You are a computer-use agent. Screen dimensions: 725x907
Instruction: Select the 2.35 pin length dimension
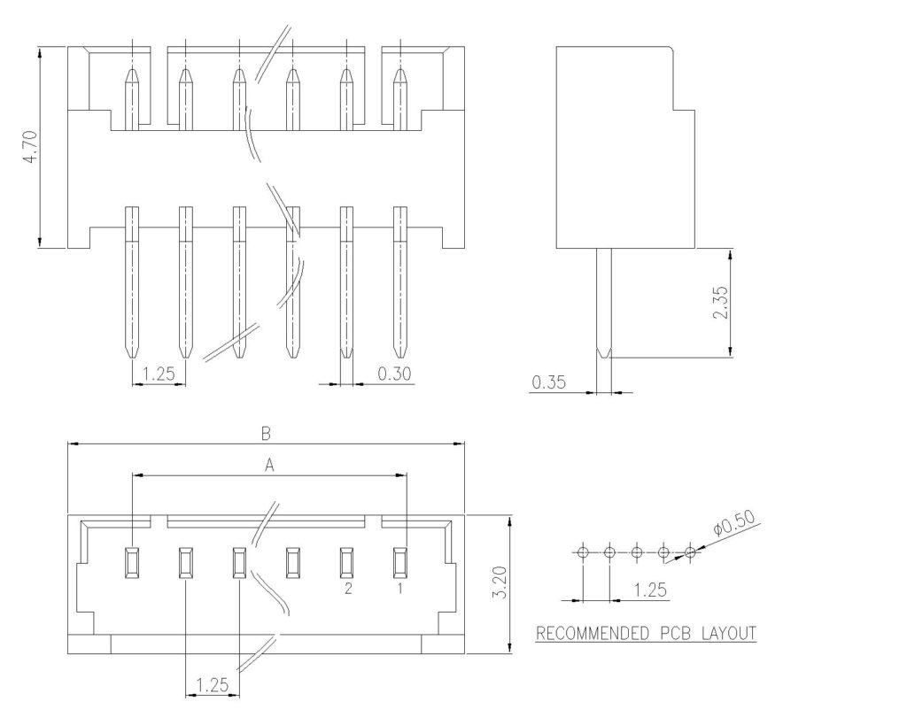pos(719,304)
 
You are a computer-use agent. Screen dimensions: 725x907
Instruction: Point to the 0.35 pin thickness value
pos(548,382)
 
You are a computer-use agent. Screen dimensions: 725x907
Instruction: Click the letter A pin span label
pos(269,464)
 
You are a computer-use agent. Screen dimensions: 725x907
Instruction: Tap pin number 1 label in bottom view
pos(400,587)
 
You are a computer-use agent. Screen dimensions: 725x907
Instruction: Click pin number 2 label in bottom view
pos(347,587)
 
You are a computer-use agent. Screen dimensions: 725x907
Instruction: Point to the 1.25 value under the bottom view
pos(213,684)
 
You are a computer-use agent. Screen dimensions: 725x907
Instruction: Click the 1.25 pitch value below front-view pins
pos(159,374)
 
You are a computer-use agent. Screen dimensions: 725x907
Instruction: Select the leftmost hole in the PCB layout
pos(582,552)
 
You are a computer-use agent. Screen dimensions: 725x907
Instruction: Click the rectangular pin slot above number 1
pos(400,560)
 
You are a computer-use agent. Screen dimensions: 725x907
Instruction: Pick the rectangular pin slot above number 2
pos(346,560)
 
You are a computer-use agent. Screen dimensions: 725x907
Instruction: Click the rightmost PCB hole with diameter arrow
pos(691,552)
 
